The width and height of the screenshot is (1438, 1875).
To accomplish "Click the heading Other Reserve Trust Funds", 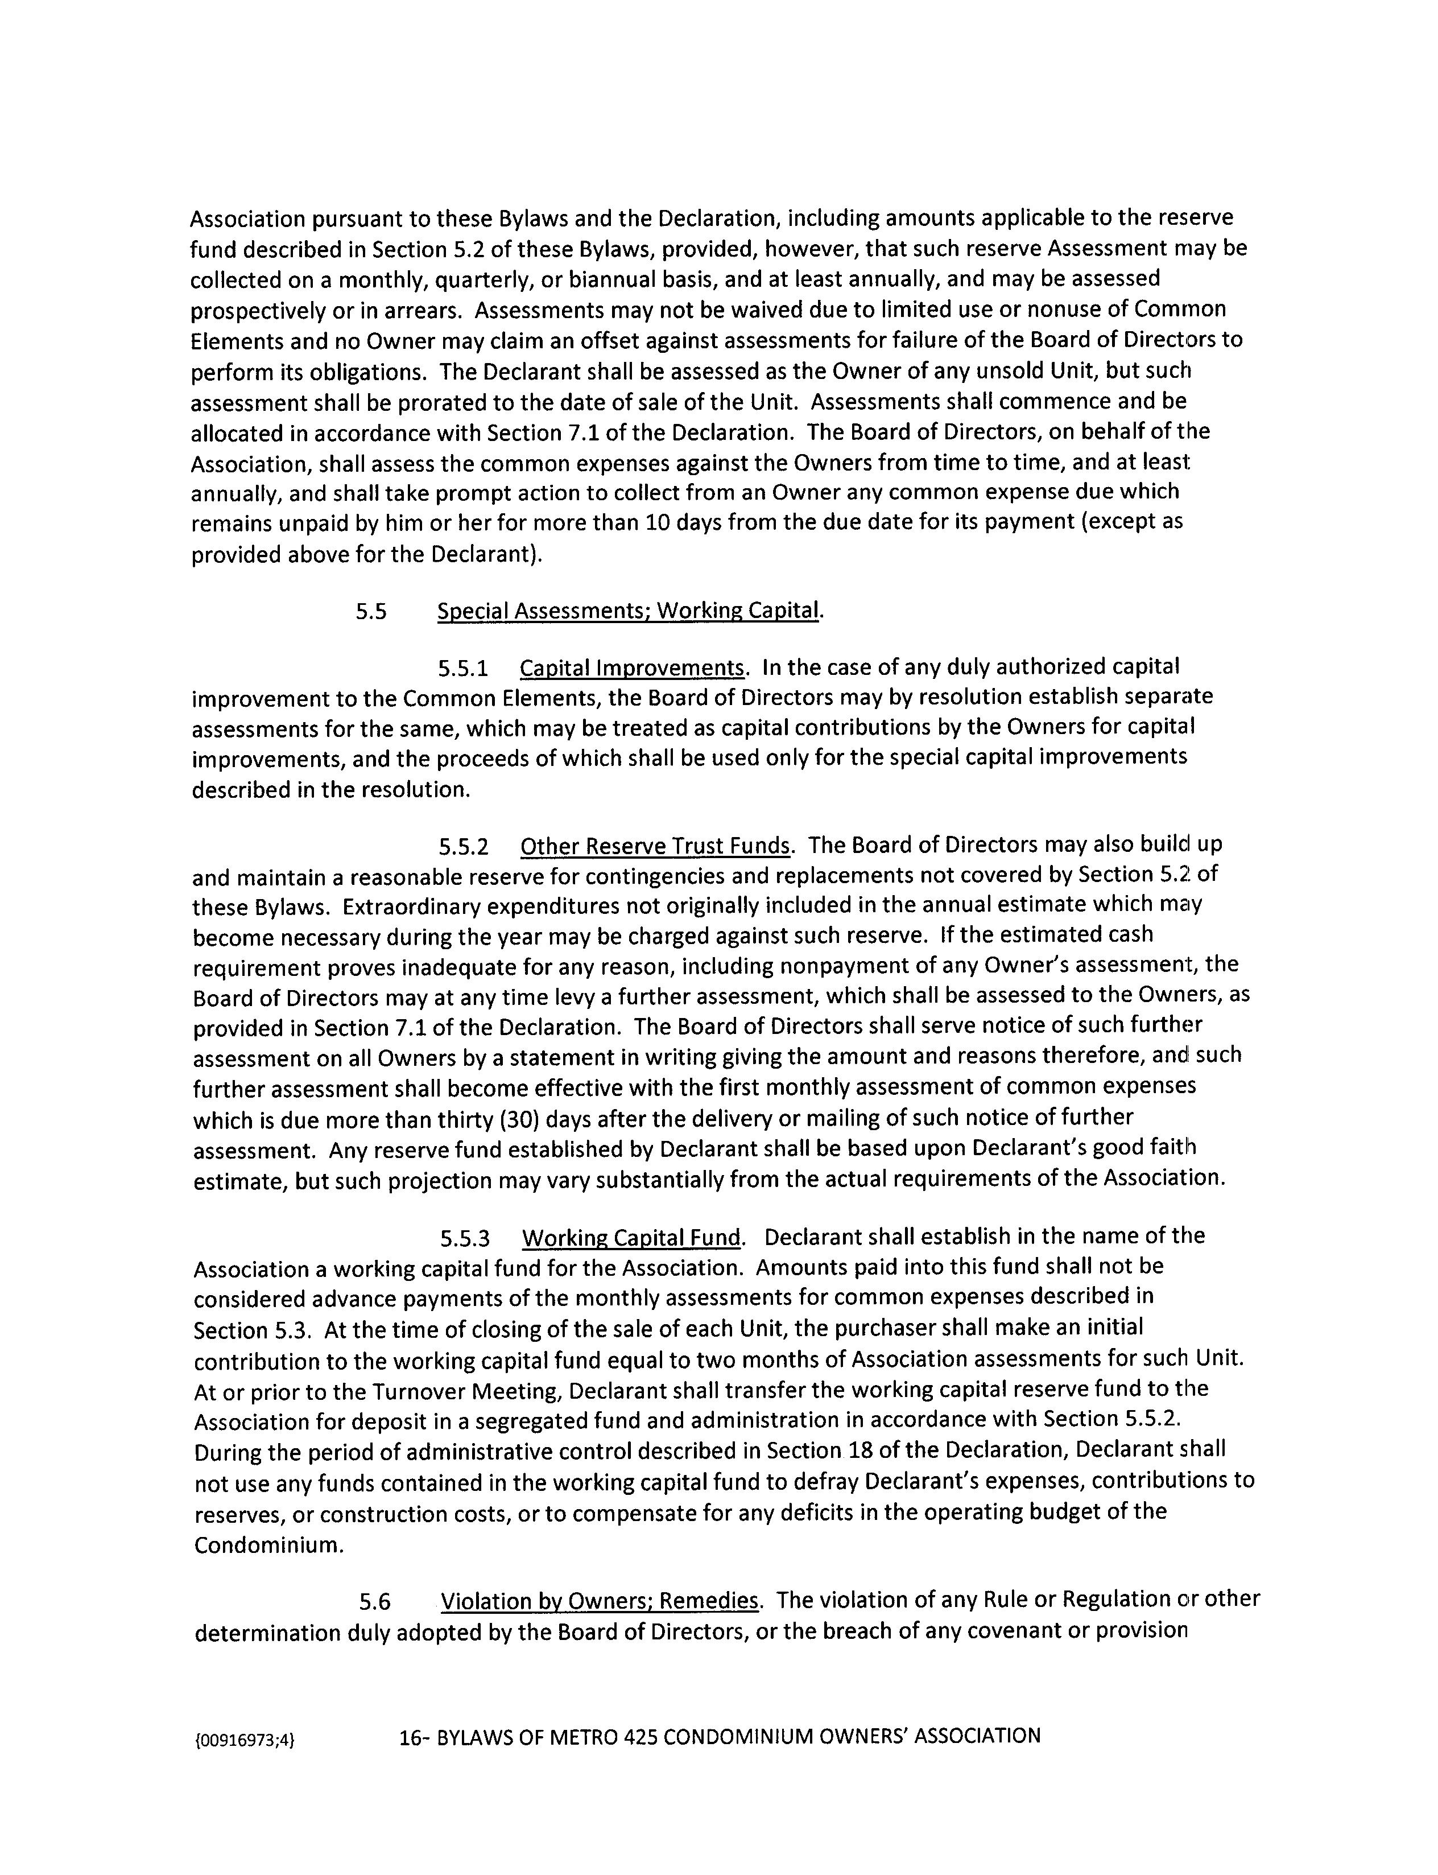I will click(656, 846).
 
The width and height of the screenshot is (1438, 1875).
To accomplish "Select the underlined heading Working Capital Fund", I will click(632, 1238).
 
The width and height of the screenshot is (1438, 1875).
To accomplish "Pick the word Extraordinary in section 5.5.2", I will click(415, 906).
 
